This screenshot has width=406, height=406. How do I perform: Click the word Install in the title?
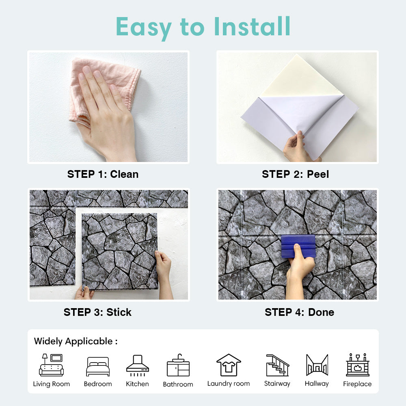[x=252, y=26]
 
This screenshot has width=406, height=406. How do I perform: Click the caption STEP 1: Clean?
[x=103, y=174]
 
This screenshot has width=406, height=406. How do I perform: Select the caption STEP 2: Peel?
[x=296, y=174]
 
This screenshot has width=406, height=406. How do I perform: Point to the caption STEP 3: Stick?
[x=97, y=312]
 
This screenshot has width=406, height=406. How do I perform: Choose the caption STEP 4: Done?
[x=299, y=312]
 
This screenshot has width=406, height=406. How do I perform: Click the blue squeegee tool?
[x=298, y=246]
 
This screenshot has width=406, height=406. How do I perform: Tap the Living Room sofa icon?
[x=51, y=365]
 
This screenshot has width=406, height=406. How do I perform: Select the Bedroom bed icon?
[x=98, y=366]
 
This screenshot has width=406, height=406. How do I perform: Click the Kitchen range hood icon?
[x=138, y=365]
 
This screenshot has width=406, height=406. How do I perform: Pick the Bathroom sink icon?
[x=178, y=365]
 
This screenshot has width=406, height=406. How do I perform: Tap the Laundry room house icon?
[x=229, y=365]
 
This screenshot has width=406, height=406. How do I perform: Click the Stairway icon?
[x=278, y=365]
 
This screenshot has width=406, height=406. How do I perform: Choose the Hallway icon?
[x=317, y=365]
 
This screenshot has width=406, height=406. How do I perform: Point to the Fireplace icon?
[x=358, y=365]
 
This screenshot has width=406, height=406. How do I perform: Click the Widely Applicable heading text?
[x=76, y=341]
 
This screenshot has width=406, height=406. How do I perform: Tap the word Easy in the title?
[x=144, y=28]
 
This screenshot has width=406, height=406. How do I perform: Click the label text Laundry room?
[x=229, y=384]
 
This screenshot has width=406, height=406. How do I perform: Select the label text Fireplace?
[x=357, y=384]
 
